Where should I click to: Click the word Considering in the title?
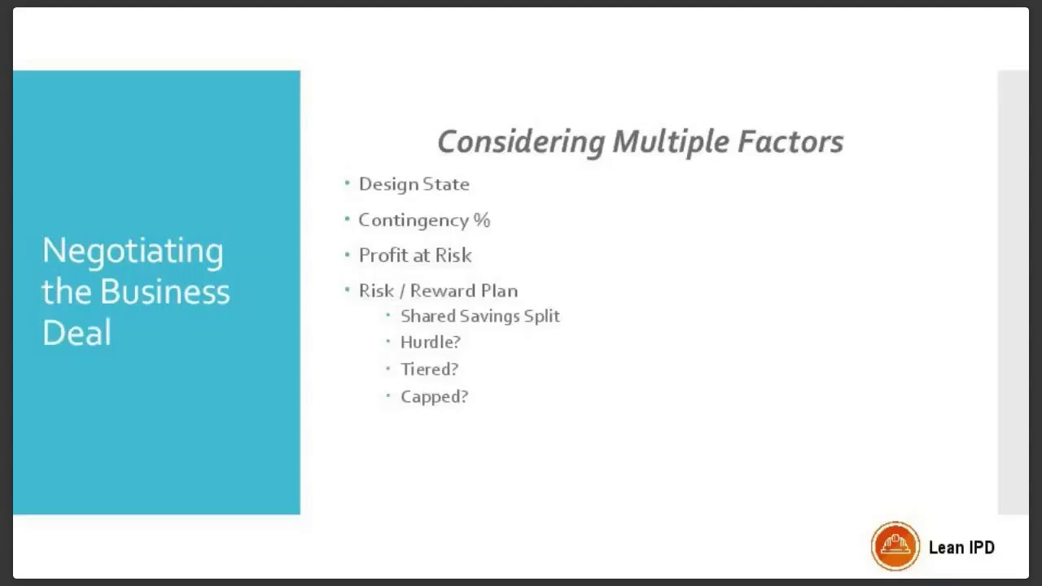(x=521, y=142)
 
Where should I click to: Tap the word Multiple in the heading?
(x=671, y=142)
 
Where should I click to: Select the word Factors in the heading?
(x=790, y=142)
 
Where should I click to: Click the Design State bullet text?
(x=414, y=184)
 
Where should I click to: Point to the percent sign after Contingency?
(x=482, y=220)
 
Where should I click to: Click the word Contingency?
(x=413, y=220)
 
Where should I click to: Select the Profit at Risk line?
(x=415, y=256)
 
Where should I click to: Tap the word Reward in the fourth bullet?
(x=442, y=291)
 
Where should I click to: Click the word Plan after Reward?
(x=498, y=291)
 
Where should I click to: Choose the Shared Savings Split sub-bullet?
(x=479, y=316)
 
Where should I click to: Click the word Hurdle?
(x=430, y=342)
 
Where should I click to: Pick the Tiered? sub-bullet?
(x=429, y=370)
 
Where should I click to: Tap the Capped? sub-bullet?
(x=434, y=396)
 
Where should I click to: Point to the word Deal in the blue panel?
(x=77, y=332)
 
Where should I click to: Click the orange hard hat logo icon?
(x=895, y=545)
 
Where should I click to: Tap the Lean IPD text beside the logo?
(x=961, y=547)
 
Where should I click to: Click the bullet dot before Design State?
(x=348, y=183)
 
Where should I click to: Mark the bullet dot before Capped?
(x=388, y=396)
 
